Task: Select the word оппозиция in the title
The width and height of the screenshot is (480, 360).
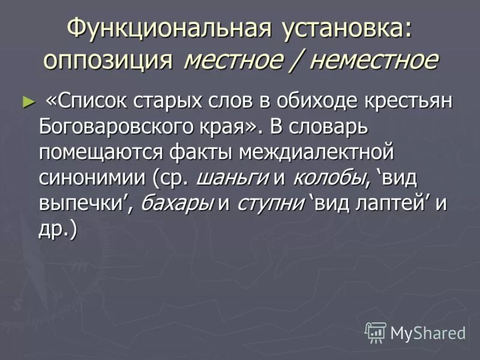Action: tap(109, 60)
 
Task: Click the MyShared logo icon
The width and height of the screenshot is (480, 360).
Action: tap(376, 332)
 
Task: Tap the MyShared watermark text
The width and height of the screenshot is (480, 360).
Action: tap(428, 332)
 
